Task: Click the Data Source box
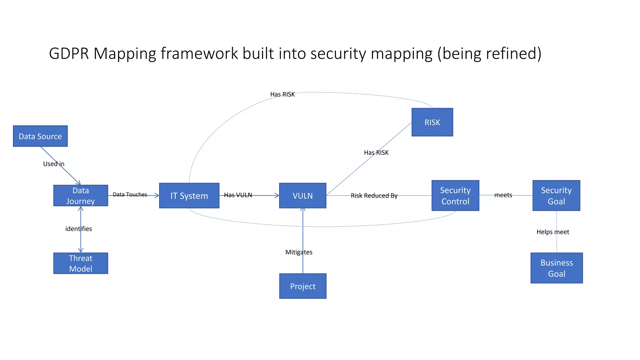click(40, 136)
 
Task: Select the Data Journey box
click(81, 196)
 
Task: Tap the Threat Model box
click(81, 263)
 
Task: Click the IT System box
click(189, 196)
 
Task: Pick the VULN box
click(302, 196)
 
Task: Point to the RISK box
click(432, 122)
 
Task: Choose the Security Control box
click(455, 196)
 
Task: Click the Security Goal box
click(556, 196)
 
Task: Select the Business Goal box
click(557, 268)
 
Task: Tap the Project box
click(303, 286)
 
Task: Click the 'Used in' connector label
click(54, 164)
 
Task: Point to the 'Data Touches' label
click(130, 194)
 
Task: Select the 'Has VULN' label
click(238, 195)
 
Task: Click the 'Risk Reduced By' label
click(374, 196)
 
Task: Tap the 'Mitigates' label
click(299, 252)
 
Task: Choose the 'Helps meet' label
click(553, 232)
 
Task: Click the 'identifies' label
click(78, 229)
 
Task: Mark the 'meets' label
click(503, 195)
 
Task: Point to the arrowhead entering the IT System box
click(157, 196)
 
